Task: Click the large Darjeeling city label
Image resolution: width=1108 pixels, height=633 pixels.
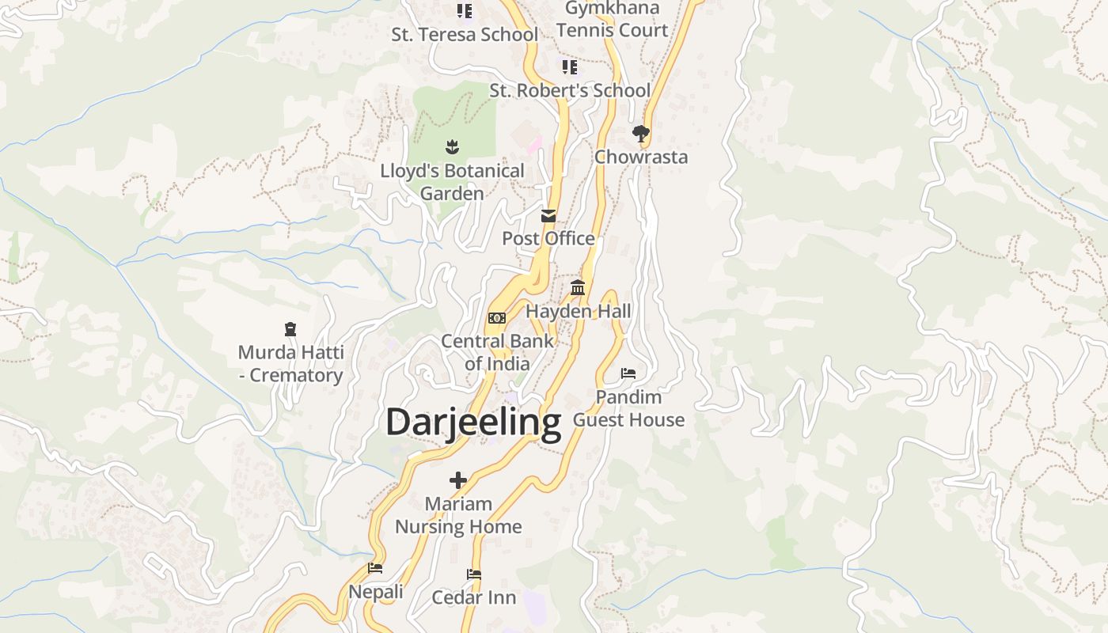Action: coord(472,423)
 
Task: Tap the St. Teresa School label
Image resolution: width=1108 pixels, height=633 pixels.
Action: coord(465,35)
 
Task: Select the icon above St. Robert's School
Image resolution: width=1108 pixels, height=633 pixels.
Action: coord(570,67)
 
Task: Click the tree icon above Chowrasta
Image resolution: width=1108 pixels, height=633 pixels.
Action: coord(641,134)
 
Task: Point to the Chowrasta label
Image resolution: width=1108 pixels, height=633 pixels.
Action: coord(641,157)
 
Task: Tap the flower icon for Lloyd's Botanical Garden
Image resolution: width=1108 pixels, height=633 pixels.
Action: coord(452,146)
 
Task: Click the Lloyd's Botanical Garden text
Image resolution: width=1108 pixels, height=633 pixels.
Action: coord(452,182)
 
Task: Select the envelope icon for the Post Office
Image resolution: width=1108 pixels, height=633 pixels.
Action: coord(548,216)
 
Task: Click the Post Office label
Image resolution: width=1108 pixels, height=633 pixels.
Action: coord(548,238)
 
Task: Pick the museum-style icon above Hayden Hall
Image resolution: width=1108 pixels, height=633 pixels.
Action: coord(578,288)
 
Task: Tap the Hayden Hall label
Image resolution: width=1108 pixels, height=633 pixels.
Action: coord(579,311)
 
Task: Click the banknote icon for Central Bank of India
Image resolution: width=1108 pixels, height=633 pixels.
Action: coord(496,318)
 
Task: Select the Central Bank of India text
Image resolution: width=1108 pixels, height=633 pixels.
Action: coord(497,352)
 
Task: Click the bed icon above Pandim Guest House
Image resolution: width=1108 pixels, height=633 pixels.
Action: coord(628,373)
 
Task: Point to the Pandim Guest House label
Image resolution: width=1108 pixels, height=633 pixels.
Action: coord(628,408)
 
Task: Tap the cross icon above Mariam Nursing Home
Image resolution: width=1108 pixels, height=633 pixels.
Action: coord(458,480)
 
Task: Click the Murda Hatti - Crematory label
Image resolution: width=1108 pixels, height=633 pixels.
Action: coord(290,363)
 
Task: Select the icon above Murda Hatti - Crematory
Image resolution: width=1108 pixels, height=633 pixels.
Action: coord(290,329)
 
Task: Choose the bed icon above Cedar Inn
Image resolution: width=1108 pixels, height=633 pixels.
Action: coord(474,574)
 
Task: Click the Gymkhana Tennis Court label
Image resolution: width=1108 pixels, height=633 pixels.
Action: coord(612,20)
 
